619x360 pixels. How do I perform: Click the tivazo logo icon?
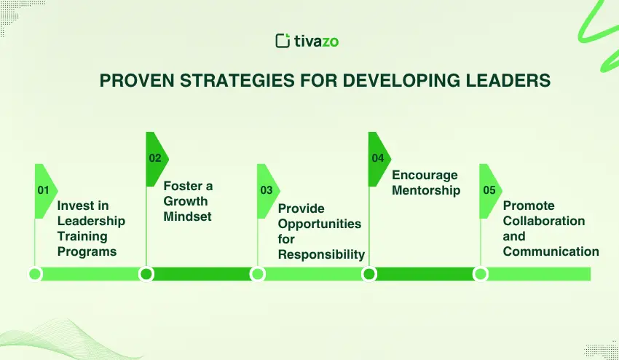tap(283, 41)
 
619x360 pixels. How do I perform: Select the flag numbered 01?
tap(46, 191)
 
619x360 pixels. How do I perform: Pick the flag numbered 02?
tap(157, 159)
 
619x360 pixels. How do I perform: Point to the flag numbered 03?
tap(269, 191)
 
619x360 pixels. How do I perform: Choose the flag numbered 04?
tap(379, 159)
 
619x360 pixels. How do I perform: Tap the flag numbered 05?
tap(491, 191)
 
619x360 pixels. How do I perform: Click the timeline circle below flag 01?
tap(35, 274)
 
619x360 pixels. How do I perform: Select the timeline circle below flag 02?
tap(146, 274)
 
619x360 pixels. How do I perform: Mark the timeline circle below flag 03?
tap(257, 274)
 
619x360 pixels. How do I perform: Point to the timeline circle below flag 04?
tap(369, 274)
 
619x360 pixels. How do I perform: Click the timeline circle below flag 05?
tap(481, 274)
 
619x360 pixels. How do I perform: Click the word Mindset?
tap(187, 216)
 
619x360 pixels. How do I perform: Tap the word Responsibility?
tap(321, 255)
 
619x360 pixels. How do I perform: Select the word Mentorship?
tap(426, 190)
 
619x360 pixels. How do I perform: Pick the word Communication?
tap(551, 251)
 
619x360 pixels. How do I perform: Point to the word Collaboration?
tap(544, 221)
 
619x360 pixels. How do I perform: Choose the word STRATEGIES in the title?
tap(237, 81)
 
